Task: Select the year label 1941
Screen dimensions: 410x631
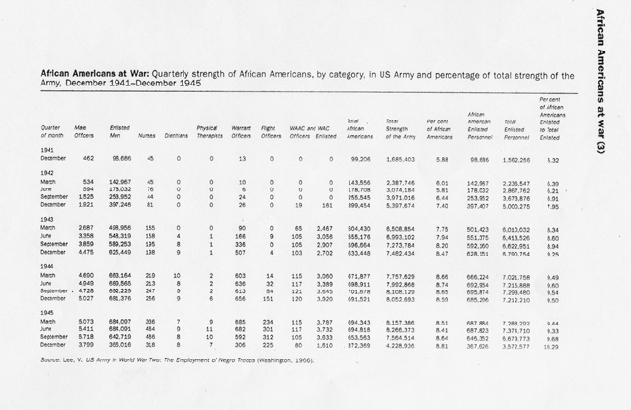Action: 48,149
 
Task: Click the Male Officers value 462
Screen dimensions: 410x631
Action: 87,159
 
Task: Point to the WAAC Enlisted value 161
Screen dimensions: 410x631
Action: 326,206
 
